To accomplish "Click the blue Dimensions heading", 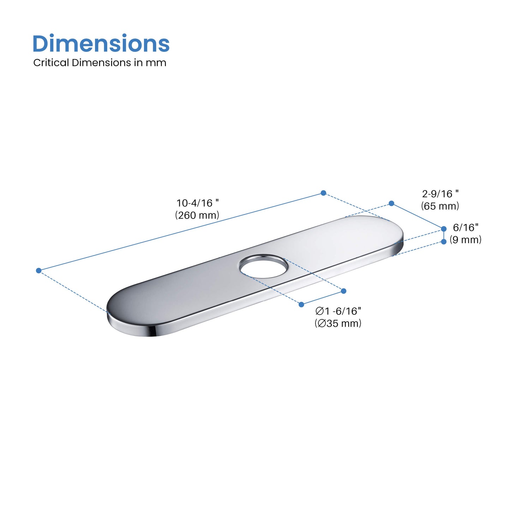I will point(101,43).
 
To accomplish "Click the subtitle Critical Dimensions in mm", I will point(100,63).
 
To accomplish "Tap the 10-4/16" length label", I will point(197,203).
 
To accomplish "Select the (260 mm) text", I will point(197,215).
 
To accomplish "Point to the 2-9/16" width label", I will point(440,194).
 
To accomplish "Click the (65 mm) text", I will point(440,206).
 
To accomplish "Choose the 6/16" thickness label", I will point(466,227).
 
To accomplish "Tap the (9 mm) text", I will point(466,240).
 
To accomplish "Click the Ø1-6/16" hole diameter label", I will point(338,311).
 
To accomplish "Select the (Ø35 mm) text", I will point(338,323).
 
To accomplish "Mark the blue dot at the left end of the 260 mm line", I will point(39,271).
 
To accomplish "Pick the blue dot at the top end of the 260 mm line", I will point(323,193).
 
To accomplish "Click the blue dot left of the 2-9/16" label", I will point(391,203).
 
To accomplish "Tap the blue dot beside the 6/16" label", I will point(444,229).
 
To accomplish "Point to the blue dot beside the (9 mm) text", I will point(444,241).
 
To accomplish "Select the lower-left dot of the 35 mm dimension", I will point(301,304).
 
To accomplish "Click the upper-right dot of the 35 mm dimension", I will point(344,291).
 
